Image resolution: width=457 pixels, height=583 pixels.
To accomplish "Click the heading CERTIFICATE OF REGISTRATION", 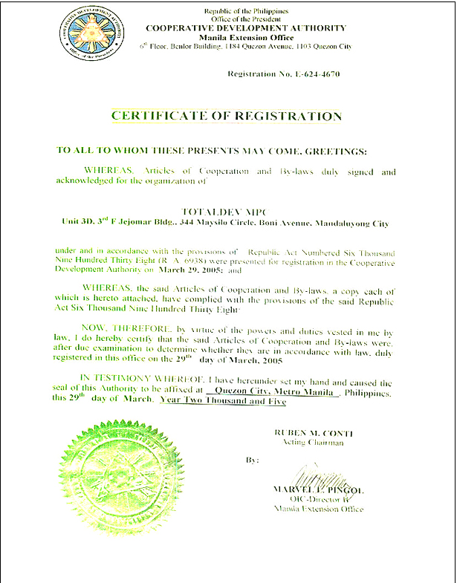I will click(227, 116).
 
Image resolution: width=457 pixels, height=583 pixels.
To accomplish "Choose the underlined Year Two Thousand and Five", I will click(223, 400).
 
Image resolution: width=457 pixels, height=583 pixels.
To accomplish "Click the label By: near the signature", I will click(253, 460).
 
